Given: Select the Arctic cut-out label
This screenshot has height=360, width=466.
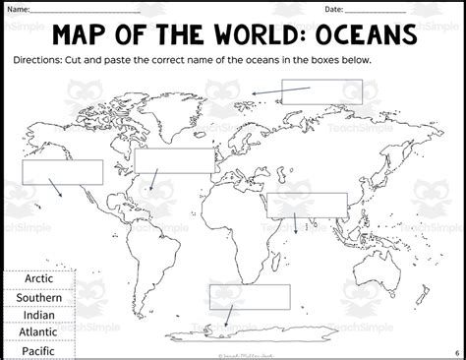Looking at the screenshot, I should coord(39,279).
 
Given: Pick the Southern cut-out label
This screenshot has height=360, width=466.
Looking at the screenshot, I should coord(39,297).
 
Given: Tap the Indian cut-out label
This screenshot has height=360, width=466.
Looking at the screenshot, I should coord(39,315).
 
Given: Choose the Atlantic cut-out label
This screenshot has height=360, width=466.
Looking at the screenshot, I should coord(39,332).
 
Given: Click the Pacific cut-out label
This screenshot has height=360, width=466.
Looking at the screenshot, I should coord(39,350).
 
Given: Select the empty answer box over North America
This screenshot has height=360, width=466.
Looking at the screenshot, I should coord(173,161).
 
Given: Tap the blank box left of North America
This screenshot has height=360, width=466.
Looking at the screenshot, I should coord(62,171).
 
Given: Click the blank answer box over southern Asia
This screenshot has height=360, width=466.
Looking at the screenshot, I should coord(308,205).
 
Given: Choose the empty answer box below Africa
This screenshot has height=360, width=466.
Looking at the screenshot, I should coord(250,296).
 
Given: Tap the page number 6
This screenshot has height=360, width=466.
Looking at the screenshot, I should coord(456,352).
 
